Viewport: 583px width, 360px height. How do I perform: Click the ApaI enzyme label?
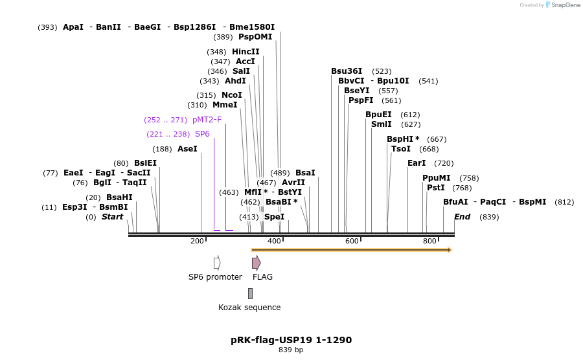click(73, 27)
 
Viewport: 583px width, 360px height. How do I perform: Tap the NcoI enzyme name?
click(232, 95)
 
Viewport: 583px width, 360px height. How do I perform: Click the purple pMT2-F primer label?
click(207, 120)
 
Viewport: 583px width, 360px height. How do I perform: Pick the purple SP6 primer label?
click(202, 134)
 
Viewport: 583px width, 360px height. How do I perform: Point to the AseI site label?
click(187, 149)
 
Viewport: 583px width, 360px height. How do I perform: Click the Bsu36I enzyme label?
click(348, 71)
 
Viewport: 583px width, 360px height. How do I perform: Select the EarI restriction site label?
click(417, 163)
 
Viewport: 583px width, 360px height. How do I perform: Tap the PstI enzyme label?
click(436, 188)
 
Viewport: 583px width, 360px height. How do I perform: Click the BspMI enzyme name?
click(532, 202)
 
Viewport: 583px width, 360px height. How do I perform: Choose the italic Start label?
click(112, 217)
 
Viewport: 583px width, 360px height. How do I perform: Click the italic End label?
click(462, 217)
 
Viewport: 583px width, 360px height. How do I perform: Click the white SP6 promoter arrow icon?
click(217, 262)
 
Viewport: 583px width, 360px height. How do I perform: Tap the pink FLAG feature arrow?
click(256, 262)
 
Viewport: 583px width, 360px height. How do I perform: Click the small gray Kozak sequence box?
click(250, 293)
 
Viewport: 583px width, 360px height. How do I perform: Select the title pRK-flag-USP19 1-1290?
click(291, 340)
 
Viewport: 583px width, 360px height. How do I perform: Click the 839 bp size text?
click(291, 350)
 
